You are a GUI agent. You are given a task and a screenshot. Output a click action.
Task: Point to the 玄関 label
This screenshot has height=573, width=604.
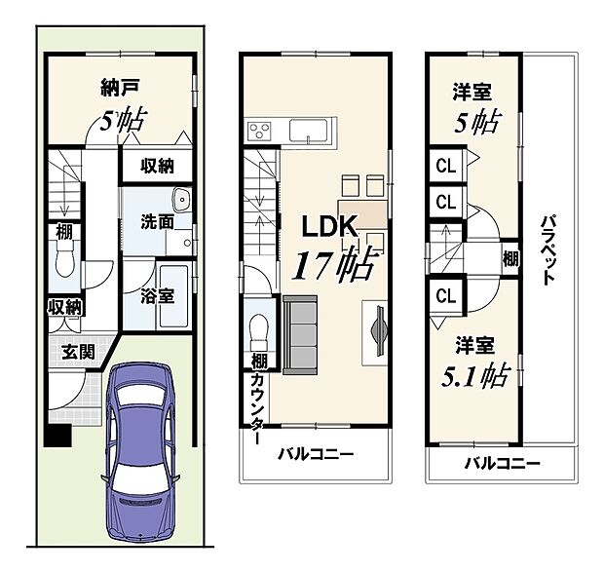79,352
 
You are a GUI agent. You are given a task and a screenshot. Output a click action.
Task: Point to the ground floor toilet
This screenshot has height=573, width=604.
64,259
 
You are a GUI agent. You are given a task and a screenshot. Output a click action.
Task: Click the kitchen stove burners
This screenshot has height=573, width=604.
262,130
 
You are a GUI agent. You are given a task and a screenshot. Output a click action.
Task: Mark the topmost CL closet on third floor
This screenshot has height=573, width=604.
445,166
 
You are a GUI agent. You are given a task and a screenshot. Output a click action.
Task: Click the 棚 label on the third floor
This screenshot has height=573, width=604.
510,258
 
